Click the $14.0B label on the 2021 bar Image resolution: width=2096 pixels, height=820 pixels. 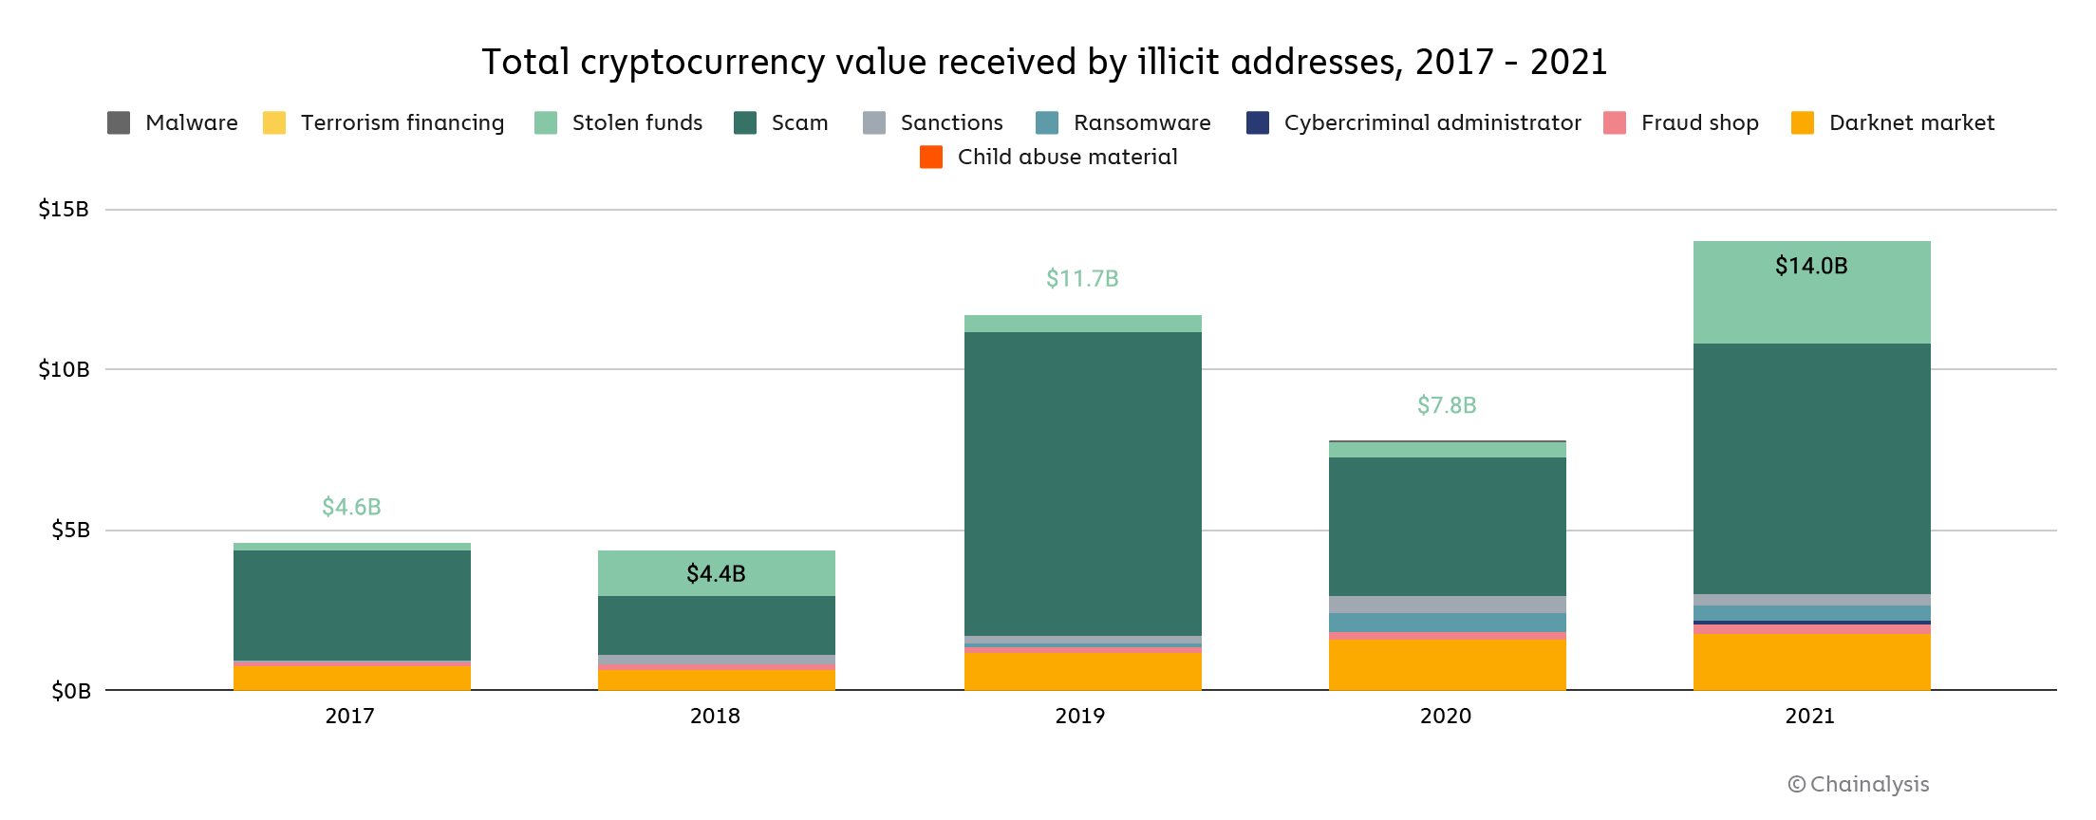click(x=1811, y=266)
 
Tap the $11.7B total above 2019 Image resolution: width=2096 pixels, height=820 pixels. click(x=1082, y=278)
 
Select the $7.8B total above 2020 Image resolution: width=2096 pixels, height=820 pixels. click(x=1447, y=405)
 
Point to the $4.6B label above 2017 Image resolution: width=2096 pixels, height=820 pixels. click(x=351, y=507)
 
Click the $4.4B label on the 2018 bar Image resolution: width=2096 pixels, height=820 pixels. click(x=716, y=573)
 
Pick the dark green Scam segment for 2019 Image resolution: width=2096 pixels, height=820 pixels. click(x=1082, y=484)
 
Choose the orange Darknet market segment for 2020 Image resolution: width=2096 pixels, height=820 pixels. click(x=1447, y=664)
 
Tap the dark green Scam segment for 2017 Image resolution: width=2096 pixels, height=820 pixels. click(x=351, y=605)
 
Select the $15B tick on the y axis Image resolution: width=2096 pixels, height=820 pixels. click(x=64, y=209)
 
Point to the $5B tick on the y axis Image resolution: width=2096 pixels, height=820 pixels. click(x=70, y=530)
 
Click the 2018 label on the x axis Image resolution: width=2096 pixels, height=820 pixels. click(x=715, y=716)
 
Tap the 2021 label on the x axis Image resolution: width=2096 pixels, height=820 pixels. click(x=1809, y=716)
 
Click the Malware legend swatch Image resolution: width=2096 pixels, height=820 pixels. click(x=119, y=122)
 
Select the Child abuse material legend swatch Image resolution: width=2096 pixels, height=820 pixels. click(x=931, y=157)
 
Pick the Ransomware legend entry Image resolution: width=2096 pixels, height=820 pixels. click(x=1141, y=122)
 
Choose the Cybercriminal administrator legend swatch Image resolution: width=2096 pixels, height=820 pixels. click(x=1258, y=122)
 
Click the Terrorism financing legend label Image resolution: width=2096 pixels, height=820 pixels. click(x=402, y=122)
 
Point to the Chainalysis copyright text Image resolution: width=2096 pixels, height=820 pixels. click(x=1858, y=784)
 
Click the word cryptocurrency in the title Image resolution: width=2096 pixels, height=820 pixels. click(x=702, y=63)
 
